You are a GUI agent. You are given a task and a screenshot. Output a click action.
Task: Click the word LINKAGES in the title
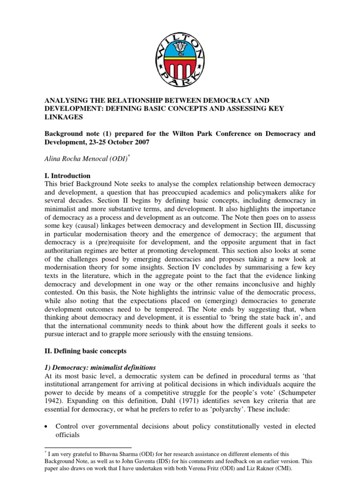pos(63,117)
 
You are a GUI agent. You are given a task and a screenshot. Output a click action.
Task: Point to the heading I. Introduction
pos(67,176)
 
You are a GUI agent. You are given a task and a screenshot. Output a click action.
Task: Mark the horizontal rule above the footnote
pos(88,448)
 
